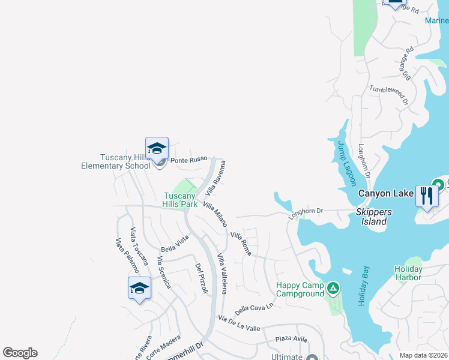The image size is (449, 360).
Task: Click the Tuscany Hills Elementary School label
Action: tap(116, 162)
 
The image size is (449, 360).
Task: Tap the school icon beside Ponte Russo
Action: tap(157, 149)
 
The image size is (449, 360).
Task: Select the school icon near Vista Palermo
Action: tap(139, 288)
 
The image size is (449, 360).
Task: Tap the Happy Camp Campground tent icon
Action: tap(333, 289)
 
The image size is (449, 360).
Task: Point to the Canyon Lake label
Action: tap(383, 193)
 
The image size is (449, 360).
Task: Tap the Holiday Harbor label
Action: tap(408, 273)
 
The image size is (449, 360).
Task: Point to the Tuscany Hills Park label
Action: tap(181, 200)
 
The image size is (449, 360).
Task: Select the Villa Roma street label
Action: tap(241, 244)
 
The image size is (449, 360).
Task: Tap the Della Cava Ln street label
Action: tap(254, 309)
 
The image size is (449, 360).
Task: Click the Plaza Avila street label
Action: tap(292, 339)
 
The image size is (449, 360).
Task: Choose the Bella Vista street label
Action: tap(175, 244)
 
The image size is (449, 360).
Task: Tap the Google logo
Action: tap(20, 353)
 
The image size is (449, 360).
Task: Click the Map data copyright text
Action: tap(423, 355)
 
